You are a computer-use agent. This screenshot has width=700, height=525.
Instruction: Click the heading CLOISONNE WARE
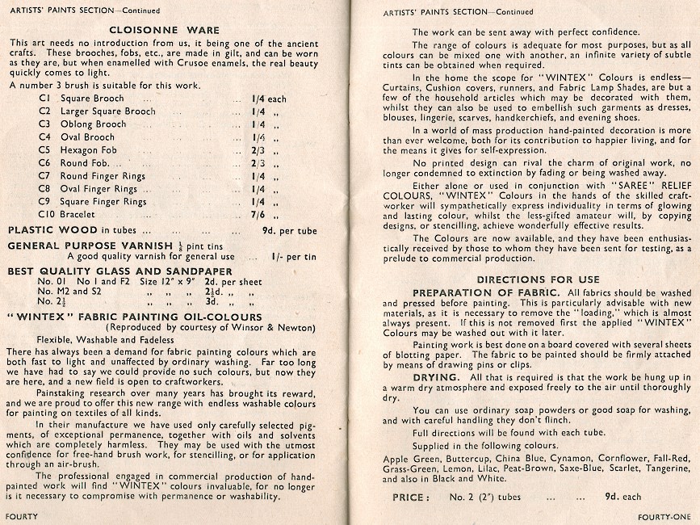click(170, 31)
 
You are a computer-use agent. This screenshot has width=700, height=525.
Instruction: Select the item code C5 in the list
click(45, 150)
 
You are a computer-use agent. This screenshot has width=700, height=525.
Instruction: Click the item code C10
click(48, 215)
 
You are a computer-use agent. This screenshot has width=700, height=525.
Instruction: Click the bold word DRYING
click(437, 377)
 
